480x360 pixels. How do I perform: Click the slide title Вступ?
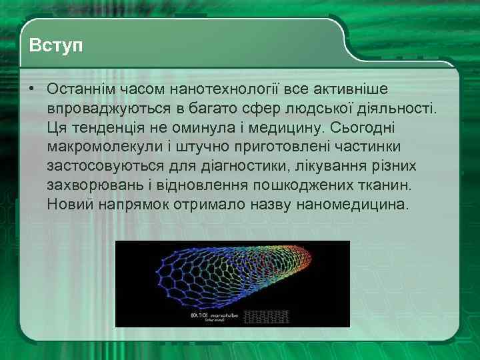57,47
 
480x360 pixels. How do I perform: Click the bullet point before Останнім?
31,89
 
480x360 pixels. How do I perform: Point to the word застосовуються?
103,165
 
